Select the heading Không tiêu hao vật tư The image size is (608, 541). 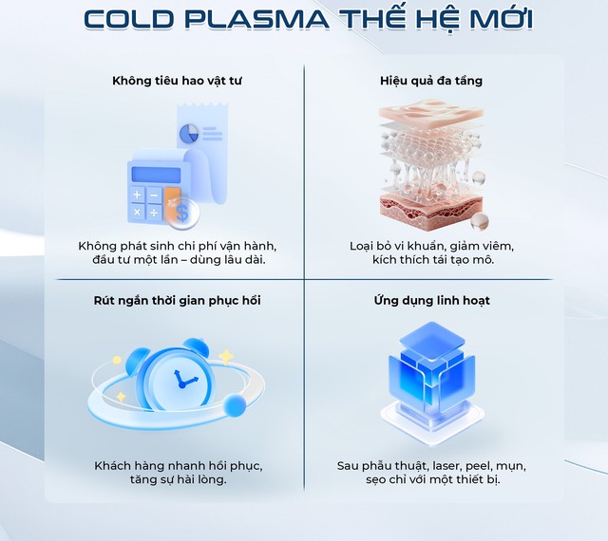click(x=178, y=81)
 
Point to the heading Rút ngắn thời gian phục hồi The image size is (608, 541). click(x=178, y=301)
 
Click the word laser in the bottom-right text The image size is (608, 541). click(x=444, y=466)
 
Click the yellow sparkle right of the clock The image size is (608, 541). click(x=226, y=356)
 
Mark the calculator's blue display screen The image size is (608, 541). click(x=156, y=174)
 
